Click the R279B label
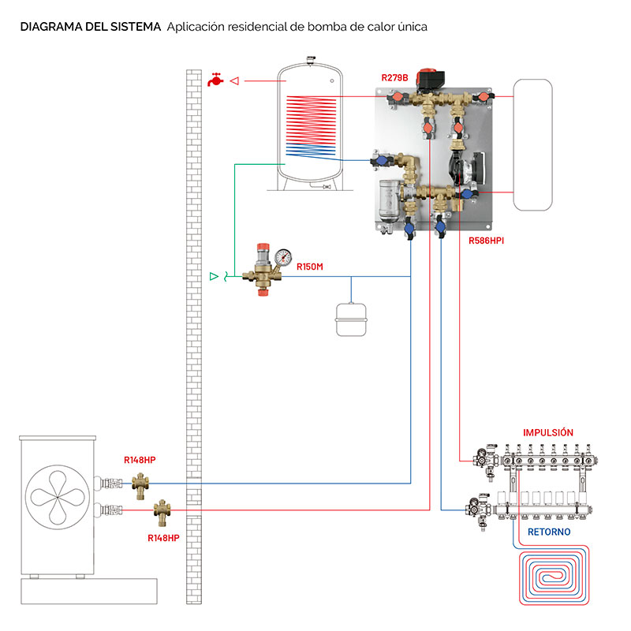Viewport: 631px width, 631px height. pyautogui.click(x=394, y=77)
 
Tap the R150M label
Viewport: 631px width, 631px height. pyautogui.click(x=310, y=267)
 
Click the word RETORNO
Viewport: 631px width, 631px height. pyautogui.click(x=549, y=532)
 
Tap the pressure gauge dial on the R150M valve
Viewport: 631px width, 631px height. pyautogui.click(x=282, y=256)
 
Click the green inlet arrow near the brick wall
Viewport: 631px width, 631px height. pyautogui.click(x=213, y=276)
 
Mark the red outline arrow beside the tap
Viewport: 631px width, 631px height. pyautogui.click(x=233, y=80)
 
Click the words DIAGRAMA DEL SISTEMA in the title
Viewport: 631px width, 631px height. pyautogui.click(x=91, y=27)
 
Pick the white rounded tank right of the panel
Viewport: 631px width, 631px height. pyautogui.click(x=532, y=145)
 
